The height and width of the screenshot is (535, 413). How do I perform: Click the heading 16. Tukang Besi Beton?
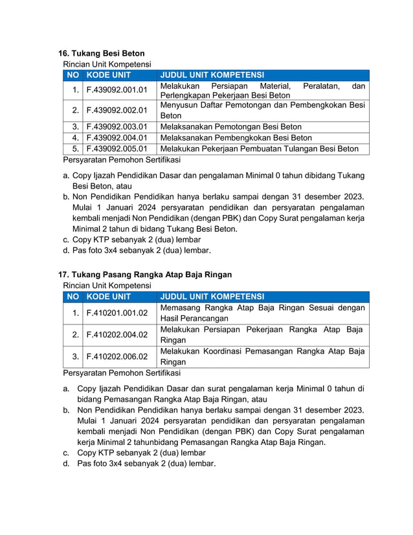pyautogui.click(x=102, y=53)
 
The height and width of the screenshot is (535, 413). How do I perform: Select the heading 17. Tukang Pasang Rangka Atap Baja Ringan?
pyautogui.click(x=145, y=275)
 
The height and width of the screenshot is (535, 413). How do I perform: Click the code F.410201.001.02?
pyautogui.click(x=117, y=313)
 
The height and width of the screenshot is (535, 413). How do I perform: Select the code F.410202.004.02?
pyautogui.click(x=117, y=335)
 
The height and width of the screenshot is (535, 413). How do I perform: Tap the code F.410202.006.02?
pyautogui.click(x=117, y=356)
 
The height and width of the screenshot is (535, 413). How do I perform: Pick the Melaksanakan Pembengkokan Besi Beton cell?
pyautogui.click(x=236, y=138)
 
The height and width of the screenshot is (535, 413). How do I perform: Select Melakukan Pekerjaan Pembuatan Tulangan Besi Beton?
pyautogui.click(x=259, y=148)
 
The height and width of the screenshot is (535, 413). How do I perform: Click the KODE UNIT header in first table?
pyautogui.click(x=109, y=75)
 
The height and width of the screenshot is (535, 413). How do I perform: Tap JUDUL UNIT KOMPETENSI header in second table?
pyautogui.click(x=212, y=297)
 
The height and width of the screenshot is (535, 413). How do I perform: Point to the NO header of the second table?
pyautogui.click(x=73, y=297)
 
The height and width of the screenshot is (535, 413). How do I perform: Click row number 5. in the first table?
pyautogui.click(x=76, y=148)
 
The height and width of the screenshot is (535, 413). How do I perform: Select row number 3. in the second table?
pyautogui.click(x=76, y=356)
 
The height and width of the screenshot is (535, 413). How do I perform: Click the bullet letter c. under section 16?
pyautogui.click(x=66, y=239)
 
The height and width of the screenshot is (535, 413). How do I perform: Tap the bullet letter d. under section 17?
pyautogui.click(x=66, y=463)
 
